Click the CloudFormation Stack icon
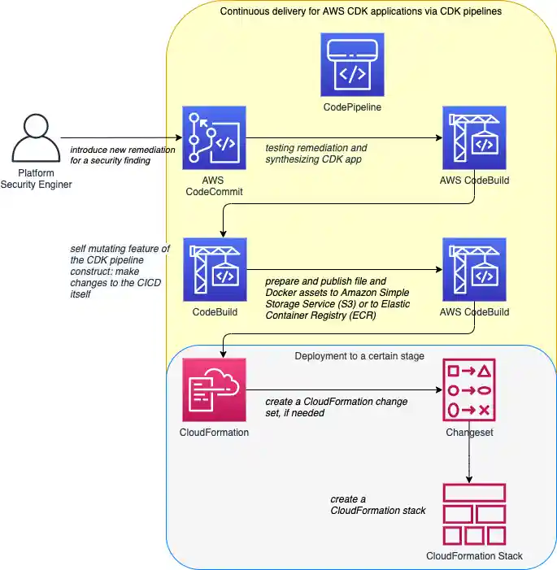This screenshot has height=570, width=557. [474, 514]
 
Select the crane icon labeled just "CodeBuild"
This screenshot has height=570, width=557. [214, 269]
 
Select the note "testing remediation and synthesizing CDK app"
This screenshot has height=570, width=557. [316, 154]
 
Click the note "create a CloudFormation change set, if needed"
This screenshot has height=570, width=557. [337, 407]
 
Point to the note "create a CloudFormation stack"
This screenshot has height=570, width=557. [377, 505]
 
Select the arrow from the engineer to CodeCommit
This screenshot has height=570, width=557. [120, 137]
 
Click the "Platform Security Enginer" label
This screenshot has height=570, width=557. [36, 180]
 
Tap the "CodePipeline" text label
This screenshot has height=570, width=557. [351, 107]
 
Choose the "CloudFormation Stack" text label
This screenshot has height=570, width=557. [474, 556]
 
